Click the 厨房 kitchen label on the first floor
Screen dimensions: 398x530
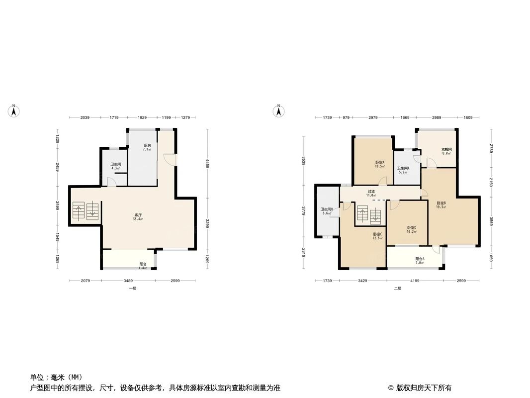point(147,145)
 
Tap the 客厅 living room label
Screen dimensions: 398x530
point(138,215)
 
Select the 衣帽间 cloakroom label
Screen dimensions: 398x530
point(446,149)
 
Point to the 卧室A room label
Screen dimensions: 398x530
point(380,162)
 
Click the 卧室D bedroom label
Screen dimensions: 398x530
point(411,227)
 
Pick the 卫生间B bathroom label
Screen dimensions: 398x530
point(327,209)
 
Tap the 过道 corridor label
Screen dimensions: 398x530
point(371,192)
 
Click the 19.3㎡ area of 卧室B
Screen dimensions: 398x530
point(441,207)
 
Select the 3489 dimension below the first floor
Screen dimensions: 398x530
point(128,281)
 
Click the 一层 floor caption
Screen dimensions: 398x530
point(132,289)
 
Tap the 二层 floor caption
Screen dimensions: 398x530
point(397,289)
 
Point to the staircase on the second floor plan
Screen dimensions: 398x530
point(368,215)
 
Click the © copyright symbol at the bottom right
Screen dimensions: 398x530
point(391,388)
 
